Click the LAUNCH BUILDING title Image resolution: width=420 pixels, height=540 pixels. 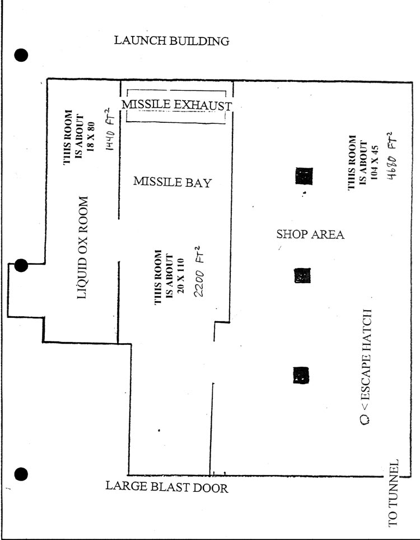[172, 40]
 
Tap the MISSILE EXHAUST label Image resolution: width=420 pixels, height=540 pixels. [177, 105]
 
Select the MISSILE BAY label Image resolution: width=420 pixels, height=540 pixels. [172, 182]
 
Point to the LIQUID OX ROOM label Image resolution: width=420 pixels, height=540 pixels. [82, 248]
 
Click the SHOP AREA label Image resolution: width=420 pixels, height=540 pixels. [310, 234]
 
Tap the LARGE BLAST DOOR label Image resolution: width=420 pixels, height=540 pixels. [167, 487]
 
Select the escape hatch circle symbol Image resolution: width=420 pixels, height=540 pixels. [365, 419]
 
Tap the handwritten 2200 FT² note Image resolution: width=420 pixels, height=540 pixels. [199, 271]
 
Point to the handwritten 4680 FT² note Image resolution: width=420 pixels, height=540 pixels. [392, 155]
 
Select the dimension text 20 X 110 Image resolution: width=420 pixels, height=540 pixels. [181, 276]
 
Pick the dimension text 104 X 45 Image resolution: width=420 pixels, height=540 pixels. [375, 163]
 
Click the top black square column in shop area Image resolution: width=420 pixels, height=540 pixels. [304, 176]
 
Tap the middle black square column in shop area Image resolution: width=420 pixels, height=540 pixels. [303, 275]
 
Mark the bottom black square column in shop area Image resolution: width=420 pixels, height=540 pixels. [301, 375]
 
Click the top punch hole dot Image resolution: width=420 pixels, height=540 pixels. [21, 55]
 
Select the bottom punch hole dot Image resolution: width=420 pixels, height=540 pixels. [21, 474]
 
